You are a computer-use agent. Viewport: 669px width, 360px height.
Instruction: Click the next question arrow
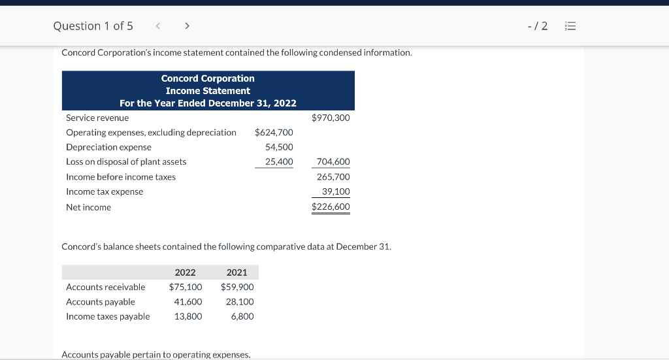(x=187, y=26)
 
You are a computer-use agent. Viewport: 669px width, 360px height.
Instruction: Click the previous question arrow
(x=157, y=26)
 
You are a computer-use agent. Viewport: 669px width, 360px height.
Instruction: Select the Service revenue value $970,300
(x=331, y=118)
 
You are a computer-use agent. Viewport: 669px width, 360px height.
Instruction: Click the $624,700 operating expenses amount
(x=274, y=133)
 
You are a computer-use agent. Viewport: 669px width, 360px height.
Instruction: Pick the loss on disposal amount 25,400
(x=279, y=161)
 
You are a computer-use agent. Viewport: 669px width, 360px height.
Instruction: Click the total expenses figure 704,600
(x=333, y=161)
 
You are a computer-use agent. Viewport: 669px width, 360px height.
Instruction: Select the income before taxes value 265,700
(x=333, y=177)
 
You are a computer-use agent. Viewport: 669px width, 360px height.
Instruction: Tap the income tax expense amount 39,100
(x=336, y=191)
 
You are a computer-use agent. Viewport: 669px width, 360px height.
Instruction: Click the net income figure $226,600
(x=331, y=207)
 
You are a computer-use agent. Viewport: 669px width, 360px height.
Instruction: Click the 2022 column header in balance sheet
(x=185, y=272)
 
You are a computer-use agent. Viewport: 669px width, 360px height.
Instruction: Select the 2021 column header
(x=237, y=272)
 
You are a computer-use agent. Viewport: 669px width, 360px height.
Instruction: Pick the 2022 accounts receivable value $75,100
(x=186, y=287)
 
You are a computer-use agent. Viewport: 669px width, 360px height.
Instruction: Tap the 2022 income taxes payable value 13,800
(x=188, y=316)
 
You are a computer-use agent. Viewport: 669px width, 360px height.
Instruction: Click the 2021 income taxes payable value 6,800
(x=242, y=316)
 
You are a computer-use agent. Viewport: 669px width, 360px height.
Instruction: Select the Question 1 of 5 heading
(x=93, y=26)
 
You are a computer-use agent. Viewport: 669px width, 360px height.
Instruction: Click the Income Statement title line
(x=208, y=91)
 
